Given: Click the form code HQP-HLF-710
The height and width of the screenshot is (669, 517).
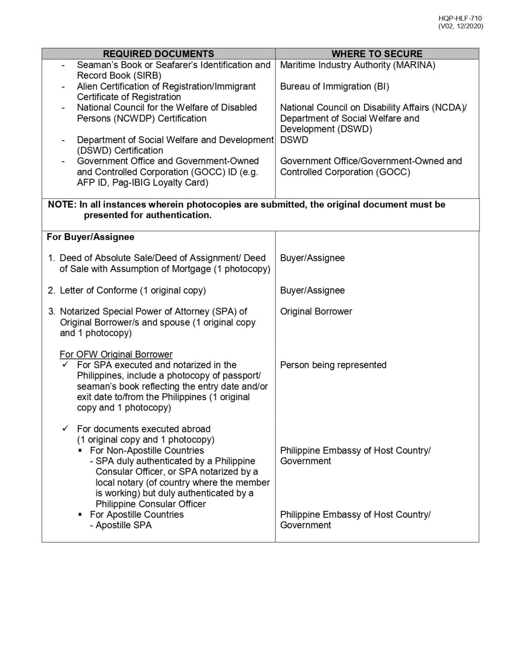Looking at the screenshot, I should [x=460, y=18].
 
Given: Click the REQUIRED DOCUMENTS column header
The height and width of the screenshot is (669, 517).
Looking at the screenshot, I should [x=158, y=54].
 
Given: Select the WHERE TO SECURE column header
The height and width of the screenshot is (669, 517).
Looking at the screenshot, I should [x=377, y=54].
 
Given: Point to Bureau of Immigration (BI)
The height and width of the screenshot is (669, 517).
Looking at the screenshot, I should [x=335, y=86].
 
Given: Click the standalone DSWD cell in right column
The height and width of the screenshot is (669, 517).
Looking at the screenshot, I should [x=294, y=140].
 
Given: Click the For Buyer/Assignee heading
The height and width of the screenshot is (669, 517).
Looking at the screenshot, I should [x=91, y=237].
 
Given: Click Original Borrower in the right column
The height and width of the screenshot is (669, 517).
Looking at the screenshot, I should [x=316, y=312].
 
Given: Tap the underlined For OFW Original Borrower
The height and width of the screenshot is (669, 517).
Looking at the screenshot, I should [x=116, y=355].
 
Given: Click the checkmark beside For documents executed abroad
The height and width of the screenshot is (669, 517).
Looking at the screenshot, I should [x=66, y=429].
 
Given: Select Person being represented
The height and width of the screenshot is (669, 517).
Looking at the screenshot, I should [x=333, y=365].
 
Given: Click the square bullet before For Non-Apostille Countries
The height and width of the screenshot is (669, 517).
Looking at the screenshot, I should [x=81, y=451].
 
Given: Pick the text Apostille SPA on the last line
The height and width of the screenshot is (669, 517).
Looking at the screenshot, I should [x=124, y=525].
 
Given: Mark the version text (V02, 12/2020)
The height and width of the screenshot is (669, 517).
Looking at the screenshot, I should [x=460, y=26].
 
